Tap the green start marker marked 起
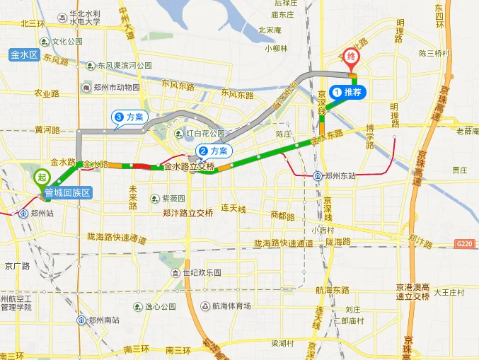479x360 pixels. click(x=42, y=177)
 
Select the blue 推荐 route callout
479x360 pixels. click(x=347, y=92)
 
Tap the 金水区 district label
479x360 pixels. click(x=23, y=54)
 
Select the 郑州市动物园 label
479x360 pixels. click(x=116, y=88)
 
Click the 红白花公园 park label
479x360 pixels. click(x=204, y=133)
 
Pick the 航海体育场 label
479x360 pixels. click(x=231, y=306)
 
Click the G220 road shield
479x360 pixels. click(x=464, y=244)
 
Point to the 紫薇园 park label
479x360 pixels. click(x=173, y=199)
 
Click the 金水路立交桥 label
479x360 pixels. click(x=189, y=168)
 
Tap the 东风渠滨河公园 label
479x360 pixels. click(x=125, y=66)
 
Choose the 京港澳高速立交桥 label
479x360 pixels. click(x=412, y=291)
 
